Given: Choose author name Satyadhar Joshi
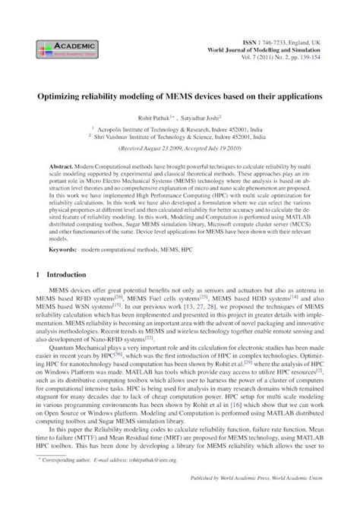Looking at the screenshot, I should point(201,118).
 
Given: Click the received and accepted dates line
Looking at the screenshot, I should point(180,150).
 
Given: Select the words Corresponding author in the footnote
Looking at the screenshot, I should point(68,460).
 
